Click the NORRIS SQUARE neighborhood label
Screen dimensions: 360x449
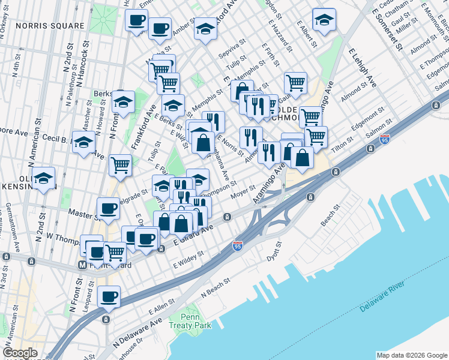pyautogui.click(x=50, y=26)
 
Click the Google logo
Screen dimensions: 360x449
pyautogui.click(x=20, y=353)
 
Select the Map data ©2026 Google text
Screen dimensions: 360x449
pyautogui.click(x=411, y=355)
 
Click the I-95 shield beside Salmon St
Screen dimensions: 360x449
pyautogui.click(x=385, y=139)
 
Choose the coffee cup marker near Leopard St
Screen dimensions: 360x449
pyautogui.click(x=109, y=296)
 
